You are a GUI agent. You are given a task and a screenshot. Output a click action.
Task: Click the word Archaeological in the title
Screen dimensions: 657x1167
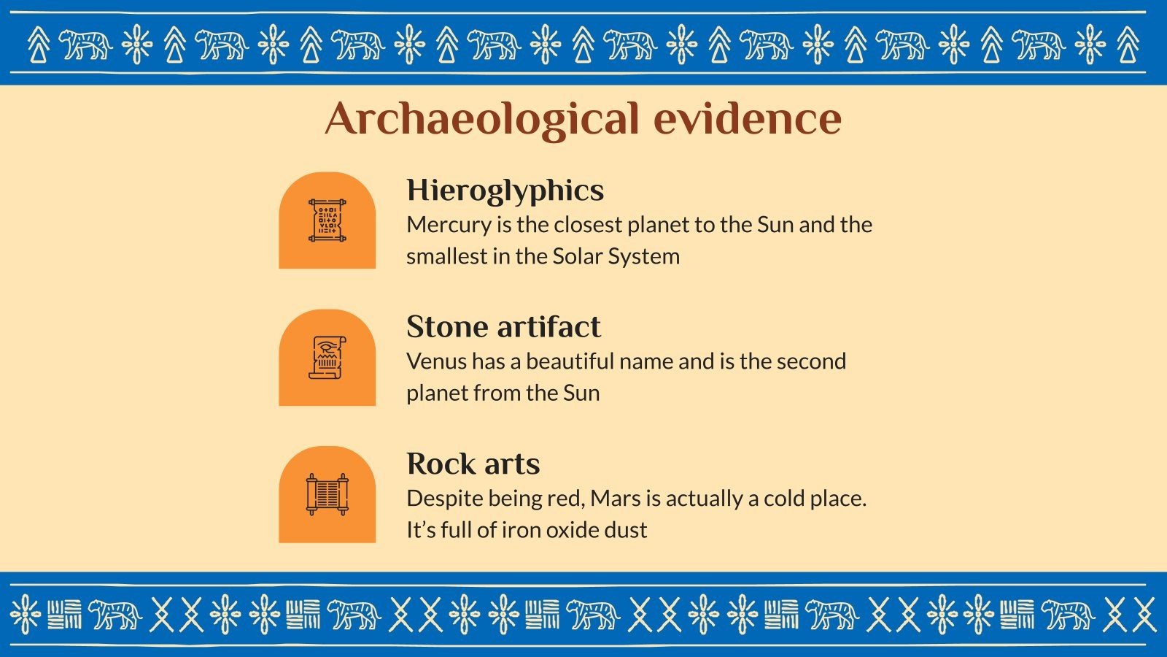pos(481,118)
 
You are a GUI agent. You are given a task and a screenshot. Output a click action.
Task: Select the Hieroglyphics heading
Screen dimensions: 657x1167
pos(505,191)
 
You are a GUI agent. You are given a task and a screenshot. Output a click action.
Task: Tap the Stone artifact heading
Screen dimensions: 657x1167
pos(503,327)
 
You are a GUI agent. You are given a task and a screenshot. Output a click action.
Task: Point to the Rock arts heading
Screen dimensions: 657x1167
pos(473,464)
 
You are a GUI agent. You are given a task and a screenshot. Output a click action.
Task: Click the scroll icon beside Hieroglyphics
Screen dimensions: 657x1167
pos(327,220)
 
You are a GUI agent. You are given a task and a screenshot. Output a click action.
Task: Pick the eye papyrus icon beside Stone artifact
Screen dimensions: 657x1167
pos(327,358)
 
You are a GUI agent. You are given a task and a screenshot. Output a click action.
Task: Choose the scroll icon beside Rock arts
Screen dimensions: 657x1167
pos(327,494)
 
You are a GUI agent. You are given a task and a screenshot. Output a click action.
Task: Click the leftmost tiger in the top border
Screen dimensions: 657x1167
pos(85,45)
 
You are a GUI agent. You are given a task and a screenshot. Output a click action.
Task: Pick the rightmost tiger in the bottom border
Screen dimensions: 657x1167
pos(1068,614)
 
